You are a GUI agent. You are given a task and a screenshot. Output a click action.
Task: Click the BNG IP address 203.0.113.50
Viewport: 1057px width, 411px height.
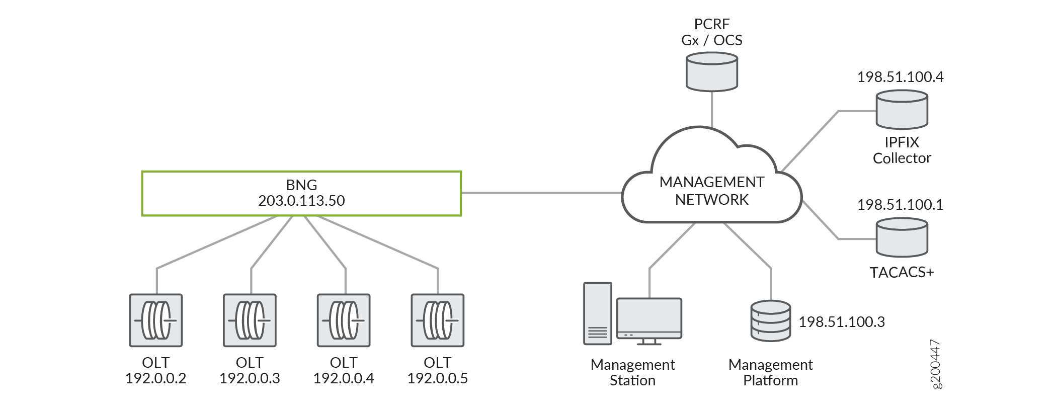301,201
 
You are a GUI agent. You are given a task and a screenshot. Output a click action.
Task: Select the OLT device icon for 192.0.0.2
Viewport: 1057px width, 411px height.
156,320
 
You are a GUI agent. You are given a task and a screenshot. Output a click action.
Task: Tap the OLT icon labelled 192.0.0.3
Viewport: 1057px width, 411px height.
250,320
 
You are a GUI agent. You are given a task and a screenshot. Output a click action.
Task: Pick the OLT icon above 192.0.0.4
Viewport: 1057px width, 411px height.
344,320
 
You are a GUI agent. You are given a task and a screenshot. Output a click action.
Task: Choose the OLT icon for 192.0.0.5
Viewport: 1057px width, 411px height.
438,320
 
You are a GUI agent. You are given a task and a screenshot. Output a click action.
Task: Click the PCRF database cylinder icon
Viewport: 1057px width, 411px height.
712,73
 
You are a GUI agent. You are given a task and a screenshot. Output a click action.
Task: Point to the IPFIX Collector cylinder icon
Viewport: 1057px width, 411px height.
902,110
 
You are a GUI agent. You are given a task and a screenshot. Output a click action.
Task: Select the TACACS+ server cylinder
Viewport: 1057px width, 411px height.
902,237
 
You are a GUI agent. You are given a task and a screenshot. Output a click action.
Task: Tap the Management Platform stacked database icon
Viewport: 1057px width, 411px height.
770,321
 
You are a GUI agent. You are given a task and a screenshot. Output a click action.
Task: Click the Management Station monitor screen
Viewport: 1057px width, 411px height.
649,316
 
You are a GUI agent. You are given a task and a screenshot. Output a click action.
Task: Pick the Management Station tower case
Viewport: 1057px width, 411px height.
598,313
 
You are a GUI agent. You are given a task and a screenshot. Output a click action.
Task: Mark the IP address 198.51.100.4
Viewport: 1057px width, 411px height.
900,77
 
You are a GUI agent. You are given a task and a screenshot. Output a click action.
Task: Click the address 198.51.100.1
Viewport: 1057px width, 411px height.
900,205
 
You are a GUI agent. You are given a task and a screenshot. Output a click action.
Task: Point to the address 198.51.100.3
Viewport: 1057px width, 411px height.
842,322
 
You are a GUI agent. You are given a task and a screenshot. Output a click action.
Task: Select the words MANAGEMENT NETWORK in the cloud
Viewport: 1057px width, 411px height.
711,191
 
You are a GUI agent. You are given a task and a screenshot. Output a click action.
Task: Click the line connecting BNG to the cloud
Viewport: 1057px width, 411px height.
541,193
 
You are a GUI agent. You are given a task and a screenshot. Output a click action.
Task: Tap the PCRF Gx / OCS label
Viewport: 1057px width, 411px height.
711,32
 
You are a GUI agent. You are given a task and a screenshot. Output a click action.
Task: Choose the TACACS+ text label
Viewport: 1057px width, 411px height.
902,272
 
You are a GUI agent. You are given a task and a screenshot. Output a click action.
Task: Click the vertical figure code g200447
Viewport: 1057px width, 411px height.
935,364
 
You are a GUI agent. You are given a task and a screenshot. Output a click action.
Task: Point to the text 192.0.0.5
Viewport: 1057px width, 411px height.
437,378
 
